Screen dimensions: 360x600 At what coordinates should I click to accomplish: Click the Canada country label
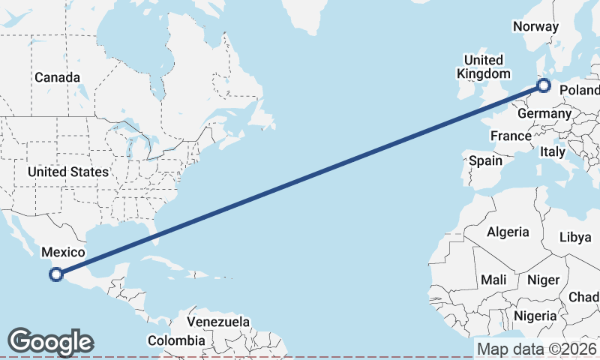click(x=57, y=77)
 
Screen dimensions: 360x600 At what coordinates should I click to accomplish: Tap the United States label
click(x=68, y=172)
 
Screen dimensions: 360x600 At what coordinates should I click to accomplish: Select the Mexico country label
click(x=63, y=253)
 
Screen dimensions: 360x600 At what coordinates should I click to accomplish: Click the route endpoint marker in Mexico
click(x=55, y=274)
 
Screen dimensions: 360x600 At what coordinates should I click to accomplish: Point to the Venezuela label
click(x=218, y=321)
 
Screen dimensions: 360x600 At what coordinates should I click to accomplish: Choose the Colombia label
click(x=175, y=340)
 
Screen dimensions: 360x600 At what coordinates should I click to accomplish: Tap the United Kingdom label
click(x=484, y=67)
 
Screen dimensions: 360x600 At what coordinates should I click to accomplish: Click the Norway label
click(x=535, y=27)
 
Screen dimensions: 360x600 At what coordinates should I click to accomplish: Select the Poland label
click(x=580, y=91)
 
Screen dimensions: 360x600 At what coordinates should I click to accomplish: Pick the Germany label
click(x=544, y=113)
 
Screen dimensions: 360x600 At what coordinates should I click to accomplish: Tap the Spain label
click(x=484, y=160)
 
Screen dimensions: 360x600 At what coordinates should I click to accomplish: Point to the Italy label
click(x=553, y=151)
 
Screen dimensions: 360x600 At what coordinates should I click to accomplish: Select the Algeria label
click(x=508, y=232)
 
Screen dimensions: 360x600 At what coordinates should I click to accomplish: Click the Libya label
click(x=575, y=237)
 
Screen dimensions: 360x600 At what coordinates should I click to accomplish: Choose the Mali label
click(x=493, y=280)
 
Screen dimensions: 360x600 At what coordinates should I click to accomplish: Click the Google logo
click(x=51, y=342)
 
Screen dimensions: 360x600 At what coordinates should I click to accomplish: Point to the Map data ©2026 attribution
click(x=537, y=349)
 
